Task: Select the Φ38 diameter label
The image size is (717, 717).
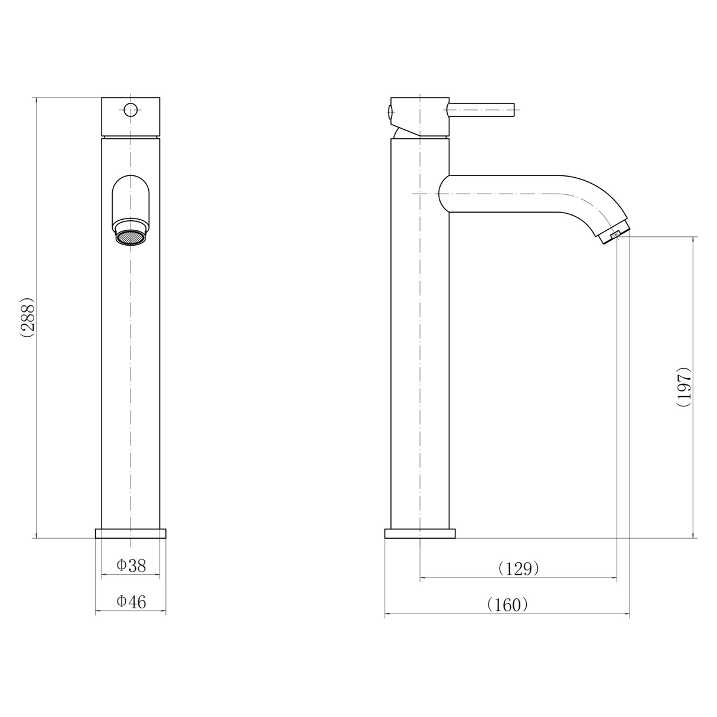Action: click(131, 565)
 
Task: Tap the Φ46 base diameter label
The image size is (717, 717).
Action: click(131, 602)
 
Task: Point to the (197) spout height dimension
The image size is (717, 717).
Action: click(683, 387)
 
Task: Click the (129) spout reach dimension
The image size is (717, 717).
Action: click(519, 569)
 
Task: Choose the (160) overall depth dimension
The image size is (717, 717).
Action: click(507, 605)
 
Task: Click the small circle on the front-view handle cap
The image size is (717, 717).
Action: click(131, 109)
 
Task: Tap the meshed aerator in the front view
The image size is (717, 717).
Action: click(131, 237)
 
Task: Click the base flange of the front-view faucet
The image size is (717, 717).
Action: click(131, 533)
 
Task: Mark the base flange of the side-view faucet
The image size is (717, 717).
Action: click(419, 533)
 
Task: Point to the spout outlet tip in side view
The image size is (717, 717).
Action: click(614, 234)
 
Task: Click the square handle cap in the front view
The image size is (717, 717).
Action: click(131, 116)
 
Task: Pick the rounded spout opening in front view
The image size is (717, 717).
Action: click(131, 198)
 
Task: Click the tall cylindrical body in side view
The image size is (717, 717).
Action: click(419, 354)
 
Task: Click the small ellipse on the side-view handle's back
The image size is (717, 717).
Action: click(389, 110)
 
